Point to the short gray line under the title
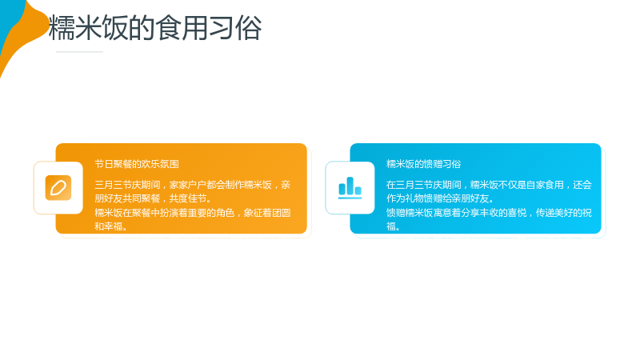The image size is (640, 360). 79,52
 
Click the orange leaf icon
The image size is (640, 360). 58,188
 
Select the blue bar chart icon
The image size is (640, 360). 350,188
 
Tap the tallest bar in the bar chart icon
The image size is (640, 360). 350,186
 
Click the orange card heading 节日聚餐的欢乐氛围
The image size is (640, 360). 137,164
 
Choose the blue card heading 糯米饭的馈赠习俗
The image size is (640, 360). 424,164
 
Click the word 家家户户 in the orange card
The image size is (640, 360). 188,185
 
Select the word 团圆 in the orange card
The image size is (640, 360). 282,213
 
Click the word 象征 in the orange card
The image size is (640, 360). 253,213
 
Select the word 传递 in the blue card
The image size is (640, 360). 546,213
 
